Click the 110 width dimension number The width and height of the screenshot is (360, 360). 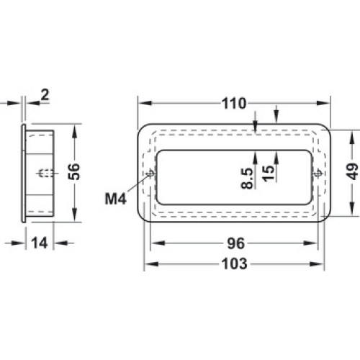point(234,104)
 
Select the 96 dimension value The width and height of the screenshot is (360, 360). point(236,243)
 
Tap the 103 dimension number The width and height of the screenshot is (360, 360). point(235,264)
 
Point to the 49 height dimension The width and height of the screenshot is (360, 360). point(352,171)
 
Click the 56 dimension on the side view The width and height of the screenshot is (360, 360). point(73,171)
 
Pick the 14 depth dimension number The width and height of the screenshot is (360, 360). point(40,243)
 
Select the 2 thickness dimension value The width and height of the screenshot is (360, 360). point(45,94)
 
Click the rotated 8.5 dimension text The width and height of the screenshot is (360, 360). point(247,179)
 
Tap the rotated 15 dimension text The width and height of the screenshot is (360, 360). point(268,174)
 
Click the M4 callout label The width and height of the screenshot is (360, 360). point(116,199)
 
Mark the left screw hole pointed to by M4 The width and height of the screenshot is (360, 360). point(150,173)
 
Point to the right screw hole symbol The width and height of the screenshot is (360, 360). point(318,173)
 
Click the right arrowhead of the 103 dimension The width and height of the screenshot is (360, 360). point(317,264)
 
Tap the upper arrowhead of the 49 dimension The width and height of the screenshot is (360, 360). point(352,138)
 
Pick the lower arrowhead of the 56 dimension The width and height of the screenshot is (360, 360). point(75,215)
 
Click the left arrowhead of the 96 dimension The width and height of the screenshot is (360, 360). point(158,243)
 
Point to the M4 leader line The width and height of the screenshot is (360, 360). point(139,183)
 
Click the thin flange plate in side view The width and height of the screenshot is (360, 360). point(24,174)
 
